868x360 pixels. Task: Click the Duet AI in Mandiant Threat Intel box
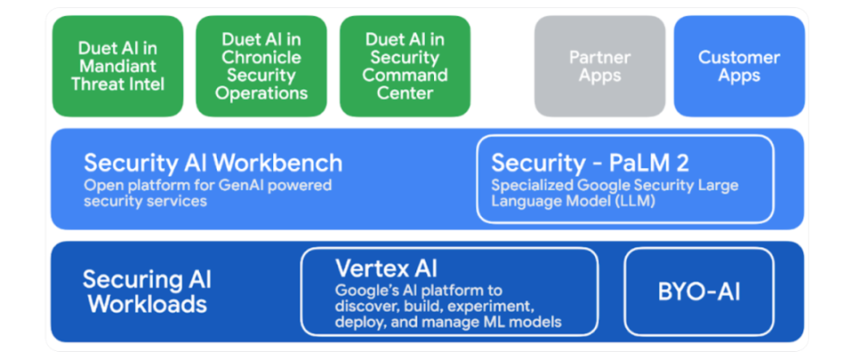pos(117,66)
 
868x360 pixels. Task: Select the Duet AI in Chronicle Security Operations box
pos(262,66)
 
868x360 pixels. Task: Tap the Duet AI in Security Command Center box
pos(405,66)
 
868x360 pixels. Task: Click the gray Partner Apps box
pos(600,66)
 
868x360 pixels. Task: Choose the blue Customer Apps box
pos(739,66)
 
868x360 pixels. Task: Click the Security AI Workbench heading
pos(213,163)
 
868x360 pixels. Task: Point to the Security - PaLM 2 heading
pos(590,163)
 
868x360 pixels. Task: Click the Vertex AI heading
pos(387,269)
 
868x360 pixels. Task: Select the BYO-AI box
pos(699,291)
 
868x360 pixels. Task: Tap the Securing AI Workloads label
pos(146,291)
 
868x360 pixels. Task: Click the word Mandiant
pos(117,66)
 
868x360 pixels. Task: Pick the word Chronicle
pos(262,57)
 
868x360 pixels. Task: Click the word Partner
pos(600,57)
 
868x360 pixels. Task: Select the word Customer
pos(739,57)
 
